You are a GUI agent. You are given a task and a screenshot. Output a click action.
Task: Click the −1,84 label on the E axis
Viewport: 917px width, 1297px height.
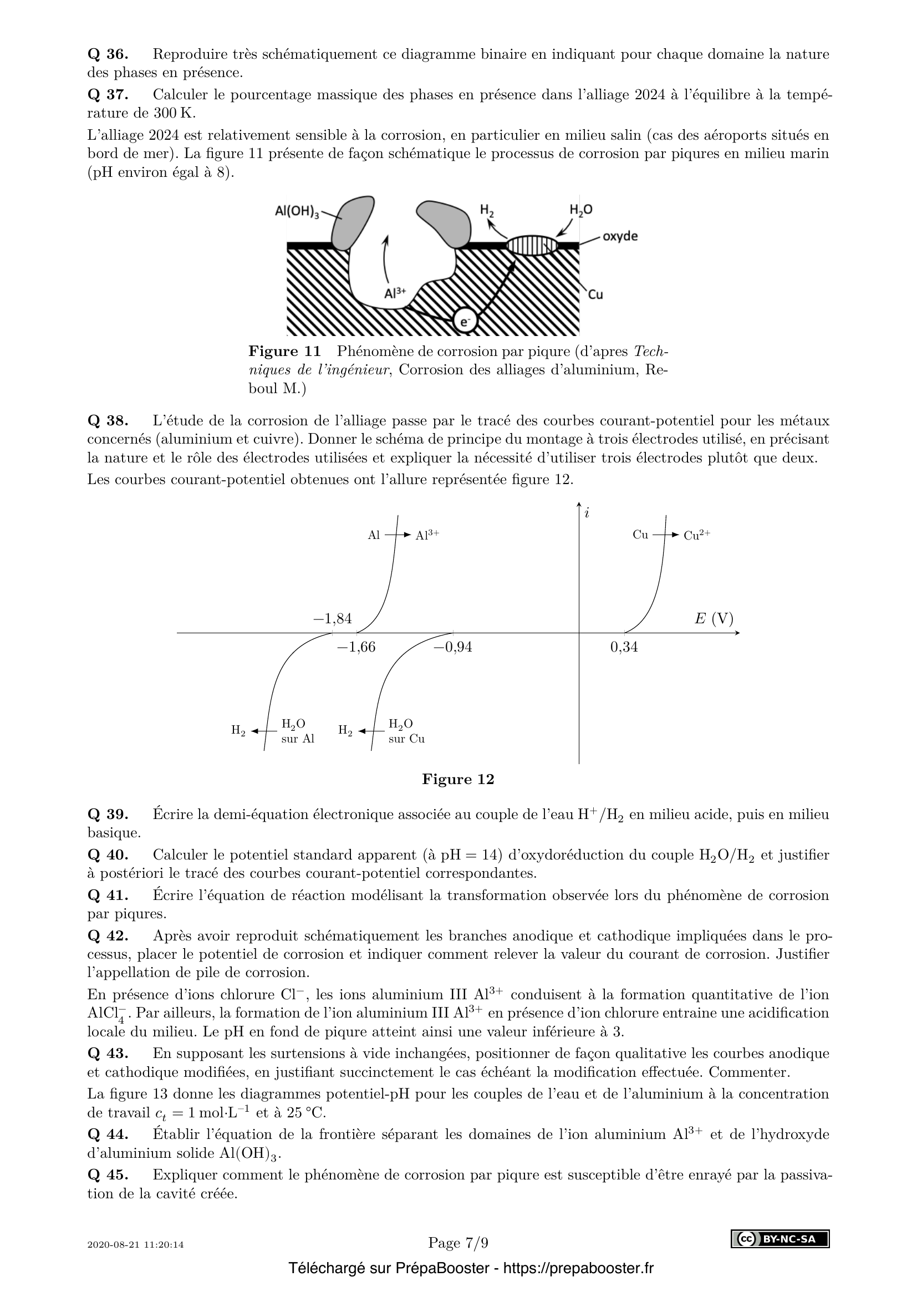point(333,619)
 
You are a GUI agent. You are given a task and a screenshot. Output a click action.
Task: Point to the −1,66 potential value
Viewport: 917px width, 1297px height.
point(356,647)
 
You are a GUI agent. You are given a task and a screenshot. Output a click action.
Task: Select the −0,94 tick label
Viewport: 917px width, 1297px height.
point(453,647)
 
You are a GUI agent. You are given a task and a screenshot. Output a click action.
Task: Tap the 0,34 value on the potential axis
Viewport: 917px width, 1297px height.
point(624,647)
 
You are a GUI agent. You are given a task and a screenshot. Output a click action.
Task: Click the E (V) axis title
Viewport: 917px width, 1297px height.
point(714,619)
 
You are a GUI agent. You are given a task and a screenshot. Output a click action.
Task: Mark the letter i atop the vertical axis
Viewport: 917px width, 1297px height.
point(587,513)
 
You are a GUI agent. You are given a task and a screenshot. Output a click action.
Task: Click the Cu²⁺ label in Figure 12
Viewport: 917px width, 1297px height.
point(697,536)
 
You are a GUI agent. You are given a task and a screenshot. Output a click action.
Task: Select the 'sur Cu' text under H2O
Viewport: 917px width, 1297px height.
point(406,739)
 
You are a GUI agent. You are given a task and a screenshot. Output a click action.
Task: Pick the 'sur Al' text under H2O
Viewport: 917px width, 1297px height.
point(298,739)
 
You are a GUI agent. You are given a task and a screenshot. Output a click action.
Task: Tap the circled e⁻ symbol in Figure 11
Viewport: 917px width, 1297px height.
point(465,322)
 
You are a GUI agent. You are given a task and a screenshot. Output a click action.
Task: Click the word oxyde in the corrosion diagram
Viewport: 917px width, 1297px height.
point(620,236)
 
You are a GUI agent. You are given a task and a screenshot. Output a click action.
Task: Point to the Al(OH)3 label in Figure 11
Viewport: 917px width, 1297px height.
point(297,211)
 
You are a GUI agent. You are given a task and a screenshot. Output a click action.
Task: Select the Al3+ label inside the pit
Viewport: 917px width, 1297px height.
point(395,293)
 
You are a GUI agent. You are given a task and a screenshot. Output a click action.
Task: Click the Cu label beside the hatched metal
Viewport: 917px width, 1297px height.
point(595,294)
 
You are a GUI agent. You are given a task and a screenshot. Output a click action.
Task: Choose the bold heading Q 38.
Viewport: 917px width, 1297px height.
point(108,421)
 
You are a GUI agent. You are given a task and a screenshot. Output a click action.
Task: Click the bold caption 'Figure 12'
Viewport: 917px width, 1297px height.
point(458,780)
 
